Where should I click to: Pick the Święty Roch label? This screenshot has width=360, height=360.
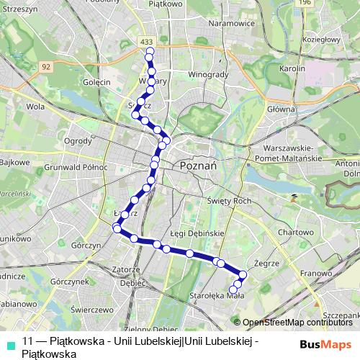pos(225,202)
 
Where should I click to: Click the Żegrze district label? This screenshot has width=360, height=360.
pos(266,264)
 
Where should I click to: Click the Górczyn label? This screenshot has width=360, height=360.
pos(86,245)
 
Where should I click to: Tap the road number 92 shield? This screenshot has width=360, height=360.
pos(46,66)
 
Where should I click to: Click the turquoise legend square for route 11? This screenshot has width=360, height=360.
pos(9,343)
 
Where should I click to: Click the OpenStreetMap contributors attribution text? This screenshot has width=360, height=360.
pos(297,322)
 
